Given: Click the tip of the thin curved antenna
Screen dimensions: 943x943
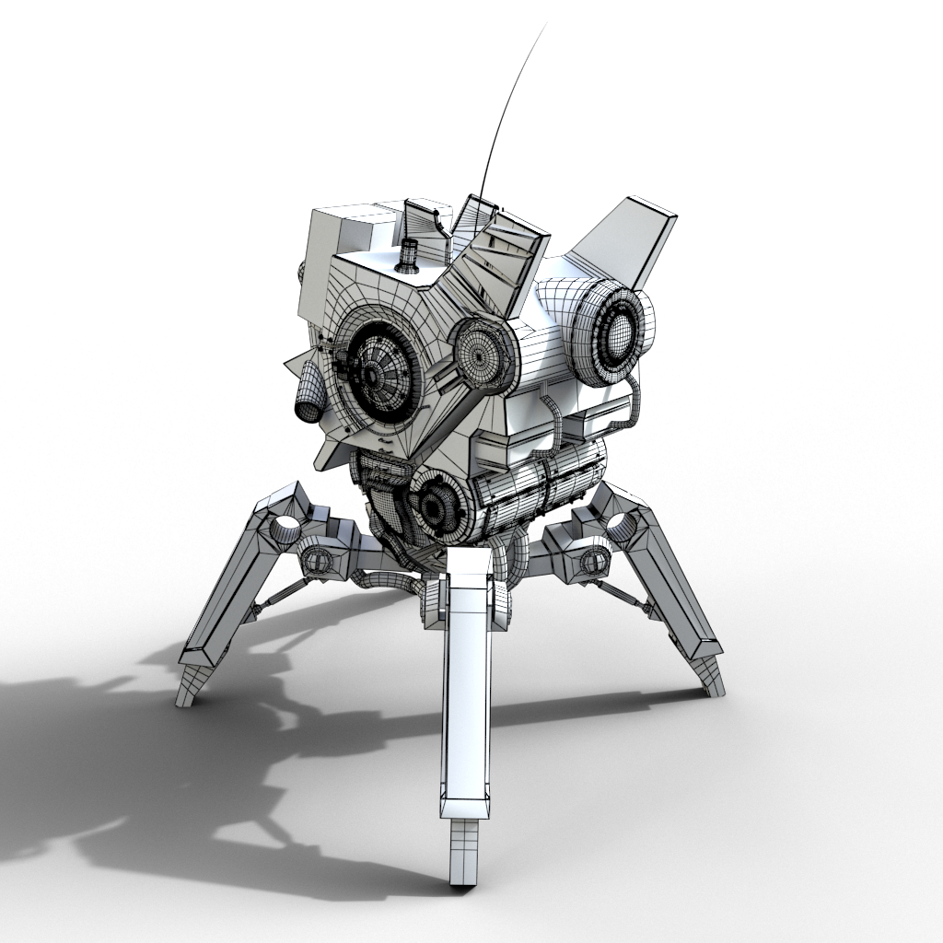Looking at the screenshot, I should pyautogui.click(x=545, y=25).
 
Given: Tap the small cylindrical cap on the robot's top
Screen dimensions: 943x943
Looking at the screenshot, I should pyautogui.click(x=408, y=254).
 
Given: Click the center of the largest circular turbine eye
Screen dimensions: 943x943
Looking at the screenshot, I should pyautogui.click(x=373, y=373).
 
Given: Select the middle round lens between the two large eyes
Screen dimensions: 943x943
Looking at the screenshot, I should pyautogui.click(x=482, y=353).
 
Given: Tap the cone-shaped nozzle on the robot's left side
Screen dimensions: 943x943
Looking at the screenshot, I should pyautogui.click(x=309, y=396).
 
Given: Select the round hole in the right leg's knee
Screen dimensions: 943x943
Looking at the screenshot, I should pyautogui.click(x=622, y=526).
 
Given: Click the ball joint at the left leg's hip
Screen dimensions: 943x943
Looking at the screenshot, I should pyautogui.click(x=319, y=560).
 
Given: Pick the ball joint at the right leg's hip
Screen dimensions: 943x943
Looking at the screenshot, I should pyautogui.click(x=591, y=558).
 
